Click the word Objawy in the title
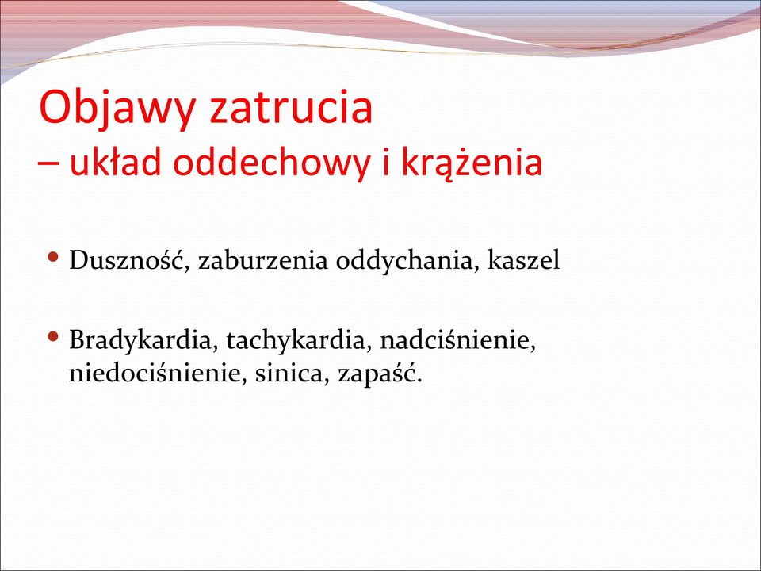(x=117, y=109)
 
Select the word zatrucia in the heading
(x=291, y=105)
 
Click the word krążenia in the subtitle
(x=471, y=162)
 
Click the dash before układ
(x=48, y=165)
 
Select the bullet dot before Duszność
(x=54, y=255)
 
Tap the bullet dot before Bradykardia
(x=54, y=335)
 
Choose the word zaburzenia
(x=263, y=260)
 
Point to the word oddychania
(x=405, y=261)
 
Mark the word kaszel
(x=524, y=260)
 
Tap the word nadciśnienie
(x=458, y=340)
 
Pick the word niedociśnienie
(x=158, y=374)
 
